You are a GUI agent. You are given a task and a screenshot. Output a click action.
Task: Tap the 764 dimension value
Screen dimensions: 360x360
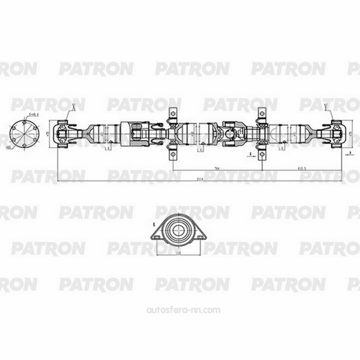pyautogui.click(x=216, y=168)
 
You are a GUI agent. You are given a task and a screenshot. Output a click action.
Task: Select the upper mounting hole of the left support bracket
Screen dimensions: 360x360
pyautogui.click(x=173, y=112)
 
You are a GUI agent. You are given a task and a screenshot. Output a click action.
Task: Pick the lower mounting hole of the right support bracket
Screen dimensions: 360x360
pyautogui.click(x=262, y=154)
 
